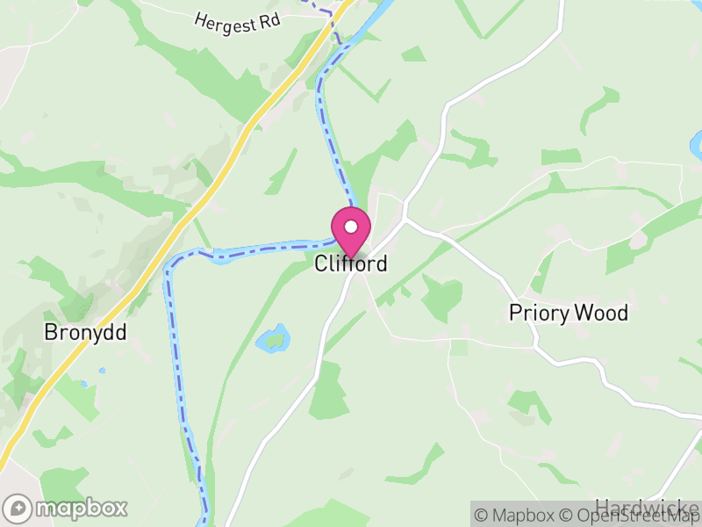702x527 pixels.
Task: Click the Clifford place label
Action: pos(351,263)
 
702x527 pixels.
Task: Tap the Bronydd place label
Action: pos(86,333)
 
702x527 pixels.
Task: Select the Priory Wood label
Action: pos(569,313)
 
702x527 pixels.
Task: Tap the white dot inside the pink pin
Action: pos(351,227)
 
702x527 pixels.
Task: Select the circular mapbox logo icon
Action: pos(19,508)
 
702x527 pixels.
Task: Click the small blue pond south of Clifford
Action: pos(274,338)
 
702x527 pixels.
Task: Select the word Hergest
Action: pos(224,18)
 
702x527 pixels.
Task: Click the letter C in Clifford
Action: pos(321,263)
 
